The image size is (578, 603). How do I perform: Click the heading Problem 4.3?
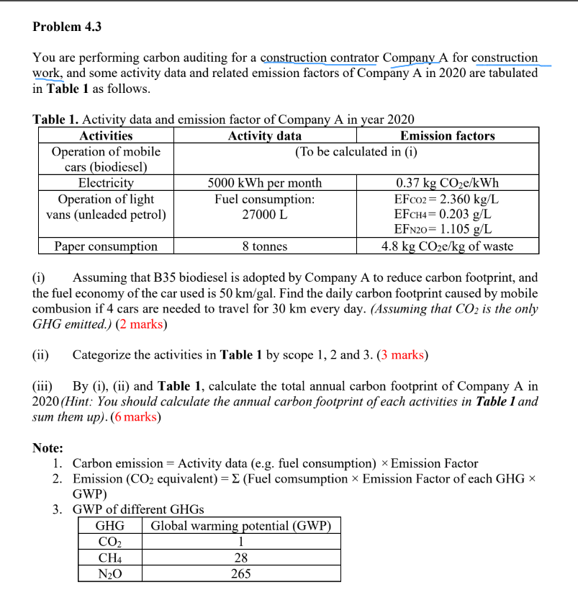pos(67,27)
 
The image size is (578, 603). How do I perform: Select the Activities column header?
pos(106,135)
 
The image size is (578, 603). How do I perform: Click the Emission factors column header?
pos(447,135)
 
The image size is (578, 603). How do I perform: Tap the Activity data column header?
pos(264,135)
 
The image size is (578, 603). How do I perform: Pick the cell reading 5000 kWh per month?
pos(264,183)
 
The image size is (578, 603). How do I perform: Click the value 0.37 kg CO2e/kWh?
pos(447,183)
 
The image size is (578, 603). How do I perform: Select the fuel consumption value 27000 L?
pos(264,215)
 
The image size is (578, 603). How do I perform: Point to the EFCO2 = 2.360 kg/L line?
pos(447,199)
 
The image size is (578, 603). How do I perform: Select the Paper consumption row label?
pos(106,246)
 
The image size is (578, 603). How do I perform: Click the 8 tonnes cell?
pos(264,246)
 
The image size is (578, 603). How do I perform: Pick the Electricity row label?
pos(106,183)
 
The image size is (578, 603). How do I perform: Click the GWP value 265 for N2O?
pos(240,573)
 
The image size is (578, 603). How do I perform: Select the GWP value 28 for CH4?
pos(240,558)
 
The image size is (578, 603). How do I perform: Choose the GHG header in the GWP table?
pos(110,526)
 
